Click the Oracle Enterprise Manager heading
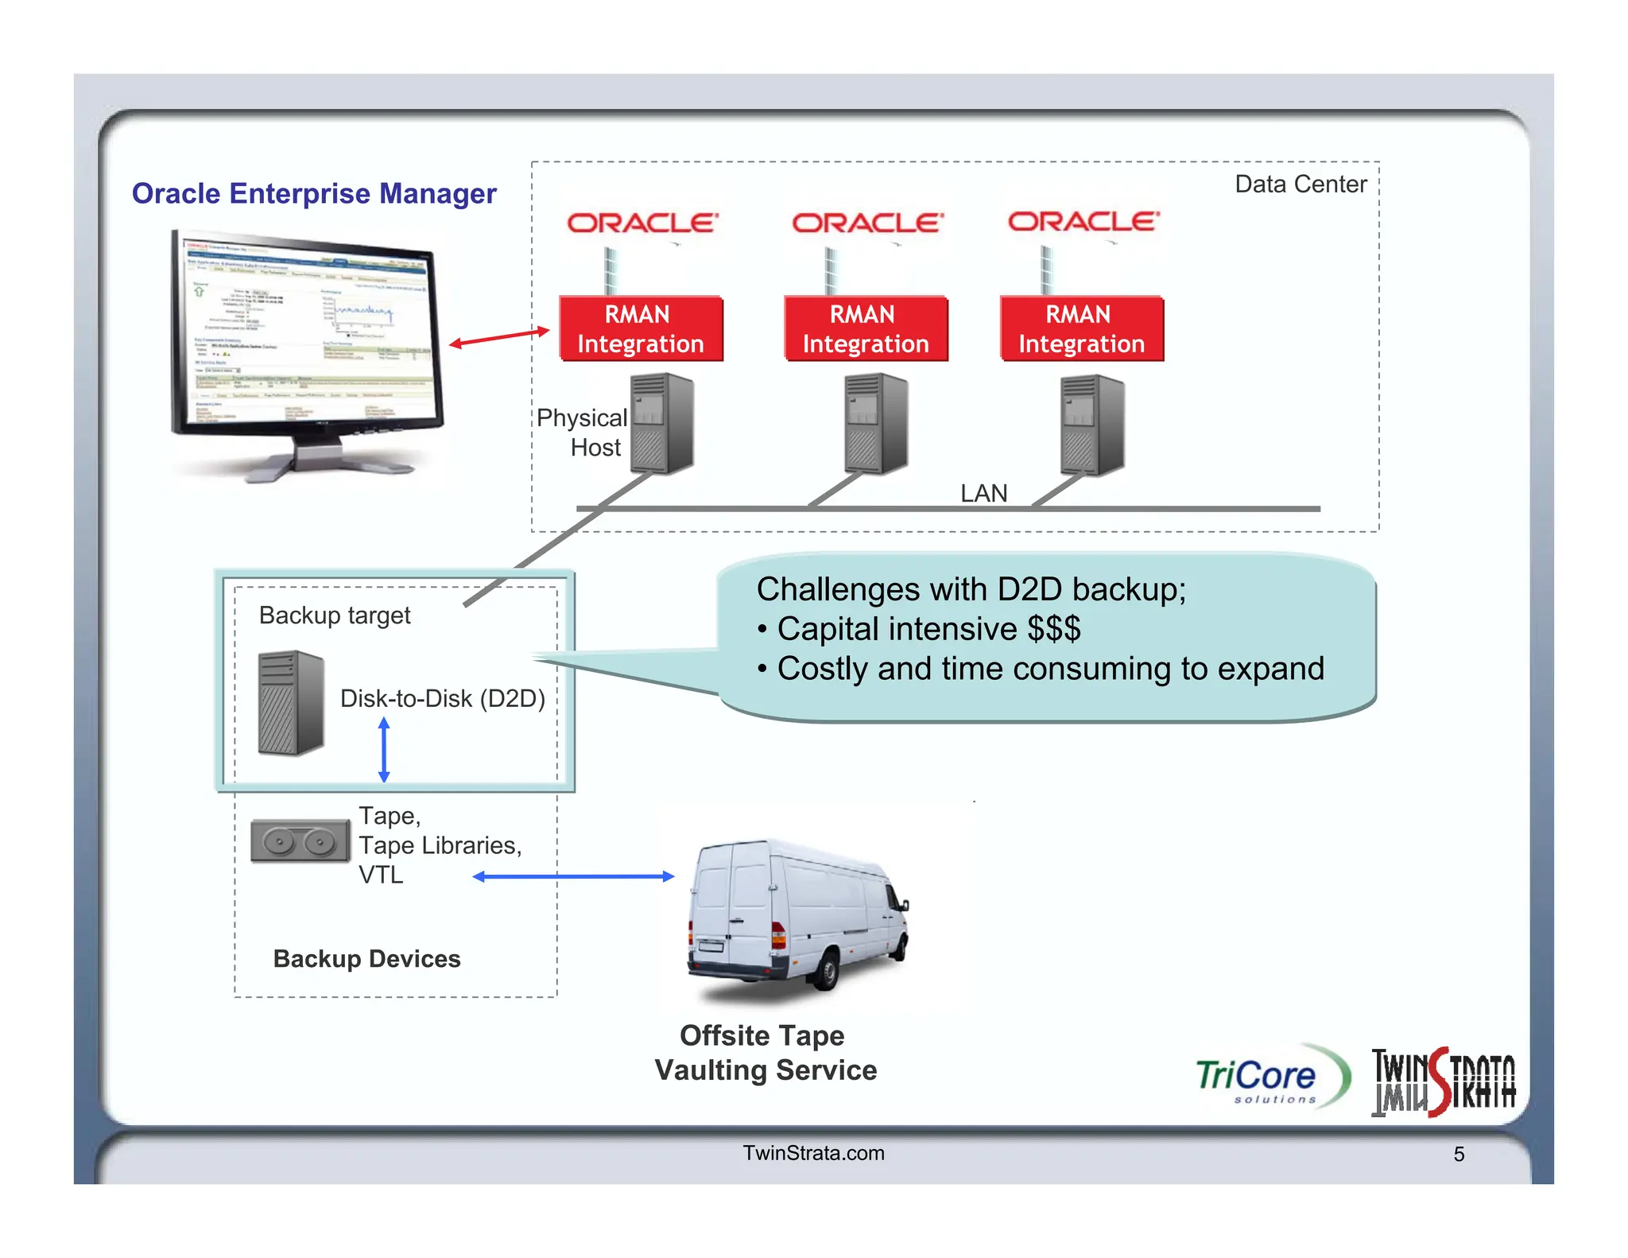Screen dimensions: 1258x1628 coord(314,193)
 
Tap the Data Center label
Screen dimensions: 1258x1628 coord(1300,184)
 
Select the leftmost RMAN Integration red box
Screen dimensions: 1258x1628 coord(641,329)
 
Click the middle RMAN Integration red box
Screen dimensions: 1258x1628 coord(865,329)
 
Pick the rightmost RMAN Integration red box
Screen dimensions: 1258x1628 coord(1081,329)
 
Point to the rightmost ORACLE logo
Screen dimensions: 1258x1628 coord(1083,222)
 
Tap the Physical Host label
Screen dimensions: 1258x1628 coord(582,433)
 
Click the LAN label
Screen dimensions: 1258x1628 coord(983,493)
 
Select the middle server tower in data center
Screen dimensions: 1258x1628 coord(875,424)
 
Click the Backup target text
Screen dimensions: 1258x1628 coord(335,615)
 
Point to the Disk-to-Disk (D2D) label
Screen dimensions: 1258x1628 coord(442,698)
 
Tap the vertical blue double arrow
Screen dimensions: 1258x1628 coord(384,749)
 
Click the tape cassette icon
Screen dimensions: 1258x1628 coord(300,841)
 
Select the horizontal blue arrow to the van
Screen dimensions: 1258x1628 coord(573,876)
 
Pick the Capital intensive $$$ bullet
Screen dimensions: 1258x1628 coord(928,629)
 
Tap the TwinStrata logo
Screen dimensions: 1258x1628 coord(1443,1082)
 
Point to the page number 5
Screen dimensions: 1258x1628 coord(1459,1154)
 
